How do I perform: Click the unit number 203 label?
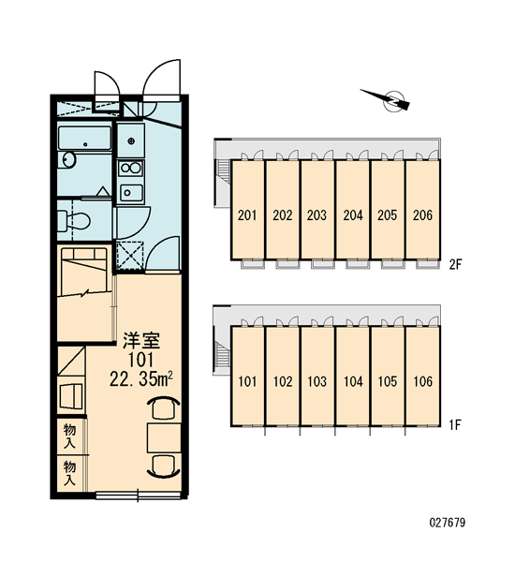pos(316,215)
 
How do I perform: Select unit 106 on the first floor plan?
pos(423,376)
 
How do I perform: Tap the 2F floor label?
pos(456,265)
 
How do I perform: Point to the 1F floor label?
pos(455,425)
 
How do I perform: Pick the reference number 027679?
pos(448,523)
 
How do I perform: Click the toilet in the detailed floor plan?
pos(73,220)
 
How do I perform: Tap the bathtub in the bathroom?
pos(84,138)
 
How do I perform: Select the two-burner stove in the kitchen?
pos(130,168)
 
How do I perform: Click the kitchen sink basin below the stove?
pos(130,193)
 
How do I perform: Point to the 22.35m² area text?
pos(141,379)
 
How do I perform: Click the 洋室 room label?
pos(141,341)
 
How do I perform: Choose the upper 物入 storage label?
pos(69,436)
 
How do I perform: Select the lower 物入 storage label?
pos(69,473)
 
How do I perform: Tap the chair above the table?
pos(164,407)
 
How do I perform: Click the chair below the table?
pos(164,466)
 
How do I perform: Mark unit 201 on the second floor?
pos(247,209)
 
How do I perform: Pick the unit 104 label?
pos(353,382)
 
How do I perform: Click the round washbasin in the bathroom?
pos(67,159)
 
